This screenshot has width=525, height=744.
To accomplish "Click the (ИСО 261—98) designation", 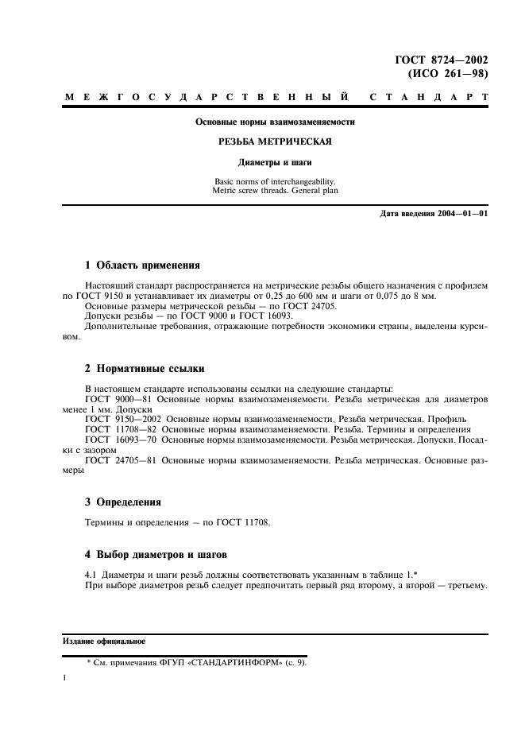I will click(447, 74).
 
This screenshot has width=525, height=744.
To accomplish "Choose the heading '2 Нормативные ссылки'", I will click(145, 369).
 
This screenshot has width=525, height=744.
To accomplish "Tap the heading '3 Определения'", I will click(123, 502).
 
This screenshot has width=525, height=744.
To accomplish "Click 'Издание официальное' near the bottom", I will click(103, 640).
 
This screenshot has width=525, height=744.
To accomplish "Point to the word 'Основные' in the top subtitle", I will click(218, 122).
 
